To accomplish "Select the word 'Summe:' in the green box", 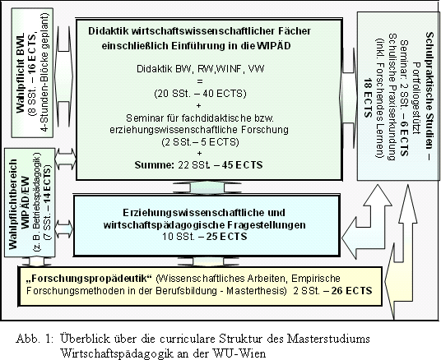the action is [155, 165].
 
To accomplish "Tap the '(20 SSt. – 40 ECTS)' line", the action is [200, 94].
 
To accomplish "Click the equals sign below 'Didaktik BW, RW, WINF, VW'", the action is [200, 81].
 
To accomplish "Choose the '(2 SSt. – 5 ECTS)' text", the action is [200, 142].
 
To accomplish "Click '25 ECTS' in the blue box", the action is [226, 237].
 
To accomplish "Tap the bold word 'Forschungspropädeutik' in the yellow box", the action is [89, 279].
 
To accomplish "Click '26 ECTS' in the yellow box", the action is [351, 291].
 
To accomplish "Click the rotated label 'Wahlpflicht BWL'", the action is [21, 73].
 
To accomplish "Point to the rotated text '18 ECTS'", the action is [368, 98].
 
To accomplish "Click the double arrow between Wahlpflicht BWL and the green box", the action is [64, 76].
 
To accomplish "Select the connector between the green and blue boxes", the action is [207, 187].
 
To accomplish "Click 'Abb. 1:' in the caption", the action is [35, 339].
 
